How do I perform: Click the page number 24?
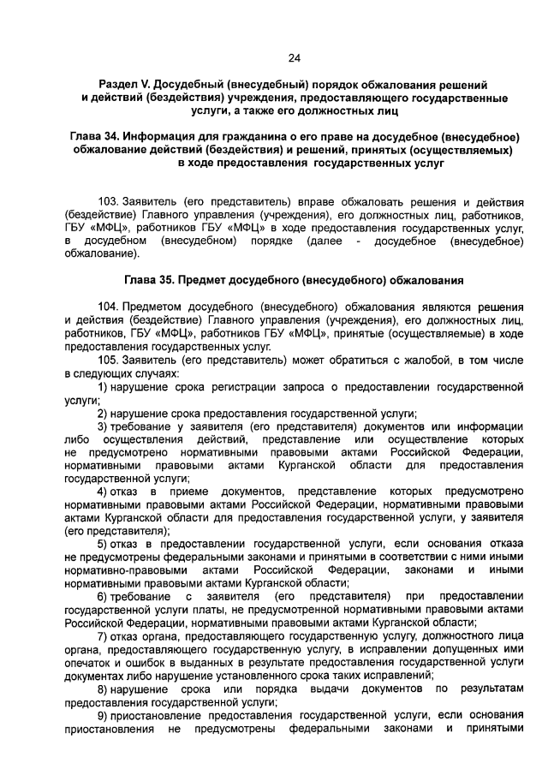coord(295,57)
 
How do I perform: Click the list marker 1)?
coord(102,387)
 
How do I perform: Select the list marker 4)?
coord(102,492)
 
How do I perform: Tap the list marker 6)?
coord(102,596)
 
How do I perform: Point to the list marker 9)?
coord(102,714)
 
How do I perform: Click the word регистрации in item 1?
coord(239,387)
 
